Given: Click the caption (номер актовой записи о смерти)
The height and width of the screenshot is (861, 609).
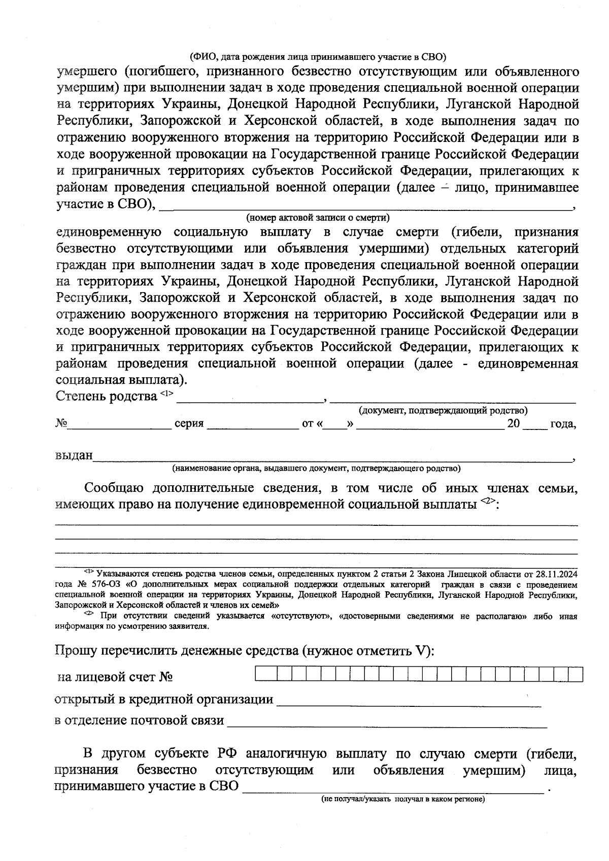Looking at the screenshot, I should point(318,218).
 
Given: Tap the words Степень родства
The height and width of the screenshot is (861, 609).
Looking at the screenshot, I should point(106,396).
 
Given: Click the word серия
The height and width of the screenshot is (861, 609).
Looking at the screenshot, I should point(189,424).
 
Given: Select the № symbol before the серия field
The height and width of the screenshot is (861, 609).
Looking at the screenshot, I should point(61,423).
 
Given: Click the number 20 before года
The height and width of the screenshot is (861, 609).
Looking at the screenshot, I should point(513,423).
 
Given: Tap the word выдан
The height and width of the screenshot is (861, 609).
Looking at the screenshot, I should point(74,455).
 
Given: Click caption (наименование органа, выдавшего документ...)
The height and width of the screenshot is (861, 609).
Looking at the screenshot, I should point(316,468).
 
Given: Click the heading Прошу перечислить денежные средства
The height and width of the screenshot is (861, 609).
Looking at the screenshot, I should point(244,651).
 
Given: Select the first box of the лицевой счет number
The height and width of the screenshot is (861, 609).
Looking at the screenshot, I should point(259,675).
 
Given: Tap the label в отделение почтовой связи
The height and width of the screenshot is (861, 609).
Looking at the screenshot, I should point(140,721).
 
